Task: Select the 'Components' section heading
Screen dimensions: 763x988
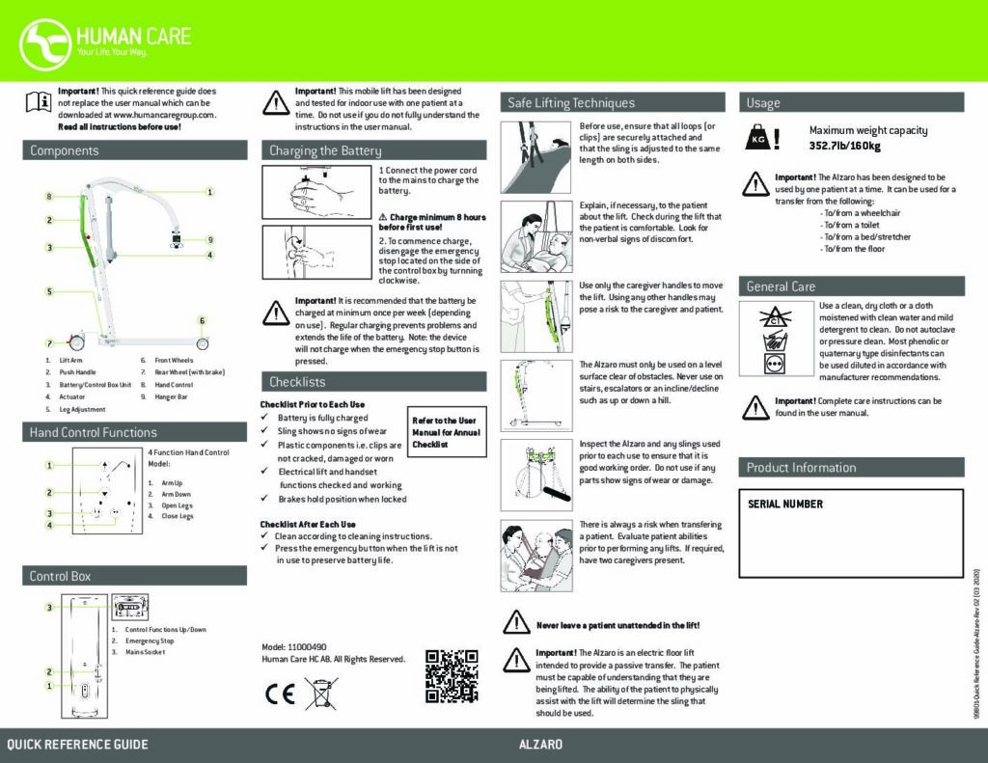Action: [64, 150]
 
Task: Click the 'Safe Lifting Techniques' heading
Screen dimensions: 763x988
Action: [571, 102]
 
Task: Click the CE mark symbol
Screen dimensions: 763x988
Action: [280, 695]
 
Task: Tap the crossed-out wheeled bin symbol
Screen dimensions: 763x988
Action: [321, 694]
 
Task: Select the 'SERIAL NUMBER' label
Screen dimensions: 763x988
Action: [785, 504]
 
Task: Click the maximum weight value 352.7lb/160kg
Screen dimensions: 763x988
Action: [844, 146]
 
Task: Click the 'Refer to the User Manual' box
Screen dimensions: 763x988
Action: [445, 433]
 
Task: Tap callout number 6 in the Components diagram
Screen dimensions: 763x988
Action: [202, 320]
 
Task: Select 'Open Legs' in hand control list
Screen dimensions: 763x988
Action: [177, 504]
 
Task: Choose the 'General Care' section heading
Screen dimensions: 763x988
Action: [781, 286]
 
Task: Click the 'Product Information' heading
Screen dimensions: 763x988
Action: [801, 468]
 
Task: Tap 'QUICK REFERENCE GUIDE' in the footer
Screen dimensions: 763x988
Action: [78, 745]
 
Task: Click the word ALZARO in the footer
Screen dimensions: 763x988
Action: [540, 745]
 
